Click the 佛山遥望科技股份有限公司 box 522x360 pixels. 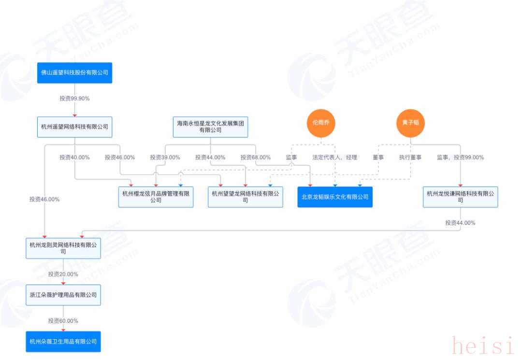[74, 73]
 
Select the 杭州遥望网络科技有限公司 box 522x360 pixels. [74, 127]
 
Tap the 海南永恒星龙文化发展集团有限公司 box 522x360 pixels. [210, 127]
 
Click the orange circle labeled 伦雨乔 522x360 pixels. [321, 123]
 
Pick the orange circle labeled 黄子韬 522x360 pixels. [410, 123]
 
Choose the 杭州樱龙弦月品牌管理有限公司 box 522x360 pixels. [156, 197]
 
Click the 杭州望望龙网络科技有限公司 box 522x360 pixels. [245, 197]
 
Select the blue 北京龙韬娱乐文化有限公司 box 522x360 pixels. [335, 197]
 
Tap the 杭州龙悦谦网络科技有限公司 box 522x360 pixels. [460, 197]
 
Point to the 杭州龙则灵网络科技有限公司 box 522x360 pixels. [63, 248]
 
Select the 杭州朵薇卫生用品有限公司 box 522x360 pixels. [63, 341]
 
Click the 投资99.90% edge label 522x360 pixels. [74, 98]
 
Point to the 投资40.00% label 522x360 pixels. [74, 157]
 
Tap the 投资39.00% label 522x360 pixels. [165, 157]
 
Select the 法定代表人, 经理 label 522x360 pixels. [334, 157]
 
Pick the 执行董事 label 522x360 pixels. [410, 157]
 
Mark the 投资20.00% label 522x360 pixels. [63, 274]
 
